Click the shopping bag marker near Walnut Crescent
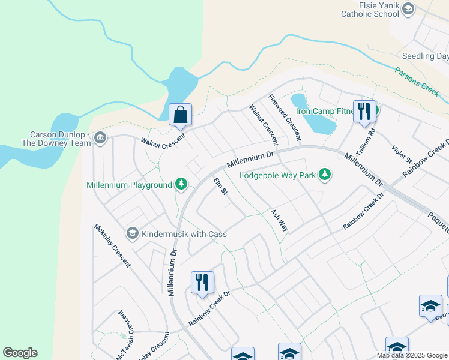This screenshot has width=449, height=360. coord(180,113)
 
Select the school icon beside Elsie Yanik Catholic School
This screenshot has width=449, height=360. coord(408,8)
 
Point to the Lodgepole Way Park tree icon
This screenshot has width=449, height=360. coord(325,175)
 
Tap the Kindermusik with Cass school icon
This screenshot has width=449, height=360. coord(132,233)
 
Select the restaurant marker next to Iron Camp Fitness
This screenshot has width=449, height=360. coord(364,111)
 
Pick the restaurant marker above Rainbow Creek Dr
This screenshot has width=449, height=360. coord(202,282)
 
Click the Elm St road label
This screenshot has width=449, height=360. coord(221,186)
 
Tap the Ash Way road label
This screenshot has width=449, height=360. coord(279,220)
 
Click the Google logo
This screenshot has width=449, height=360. coord(20,353)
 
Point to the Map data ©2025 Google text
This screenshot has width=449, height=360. coord(412,355)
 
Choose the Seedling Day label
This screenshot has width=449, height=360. coord(426,56)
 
